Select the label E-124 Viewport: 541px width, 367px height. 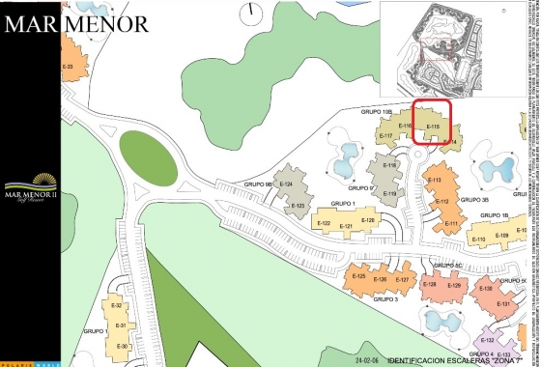[x=285, y=183]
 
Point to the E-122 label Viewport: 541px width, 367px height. [x=325, y=224]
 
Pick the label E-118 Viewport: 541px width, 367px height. [x=390, y=165]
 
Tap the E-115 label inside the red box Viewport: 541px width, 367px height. [x=433, y=127]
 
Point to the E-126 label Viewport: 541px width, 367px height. [x=380, y=279]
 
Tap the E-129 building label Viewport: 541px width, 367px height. [x=454, y=285]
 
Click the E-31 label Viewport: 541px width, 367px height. [x=121, y=325]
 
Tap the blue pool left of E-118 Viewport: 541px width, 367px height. [x=345, y=158]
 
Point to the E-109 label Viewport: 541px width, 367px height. [x=501, y=236]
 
